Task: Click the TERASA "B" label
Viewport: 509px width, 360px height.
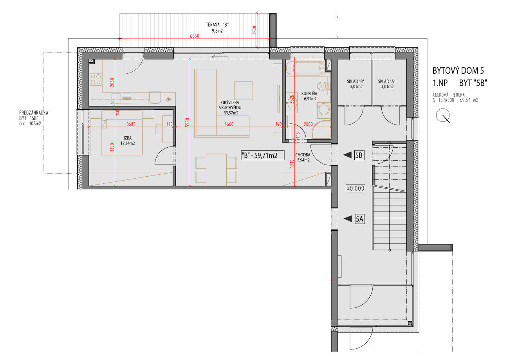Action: point(217,25)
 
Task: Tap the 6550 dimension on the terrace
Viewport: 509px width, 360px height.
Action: point(195,36)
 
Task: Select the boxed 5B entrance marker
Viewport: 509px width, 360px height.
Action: point(359,155)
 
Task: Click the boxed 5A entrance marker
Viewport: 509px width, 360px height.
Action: point(359,219)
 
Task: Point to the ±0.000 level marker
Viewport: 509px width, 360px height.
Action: point(356,188)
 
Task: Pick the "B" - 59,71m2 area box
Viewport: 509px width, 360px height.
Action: point(262,156)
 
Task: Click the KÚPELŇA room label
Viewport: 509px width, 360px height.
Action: point(309,93)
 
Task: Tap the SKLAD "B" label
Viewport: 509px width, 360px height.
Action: point(356,81)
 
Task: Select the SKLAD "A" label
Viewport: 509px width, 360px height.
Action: point(386,81)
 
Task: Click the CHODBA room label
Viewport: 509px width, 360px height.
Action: point(303,155)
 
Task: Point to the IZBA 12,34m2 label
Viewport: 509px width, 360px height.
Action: point(128,141)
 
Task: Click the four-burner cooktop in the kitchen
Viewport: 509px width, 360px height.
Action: point(96,79)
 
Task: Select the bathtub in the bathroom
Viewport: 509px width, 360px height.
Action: point(304,68)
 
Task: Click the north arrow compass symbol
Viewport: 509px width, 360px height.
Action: point(443,116)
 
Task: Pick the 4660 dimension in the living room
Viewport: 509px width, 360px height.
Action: point(229,124)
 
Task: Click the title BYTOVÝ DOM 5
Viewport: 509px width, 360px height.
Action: point(458,71)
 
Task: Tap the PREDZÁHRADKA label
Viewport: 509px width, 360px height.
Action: point(34,113)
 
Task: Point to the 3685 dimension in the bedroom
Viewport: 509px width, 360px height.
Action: point(131,124)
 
